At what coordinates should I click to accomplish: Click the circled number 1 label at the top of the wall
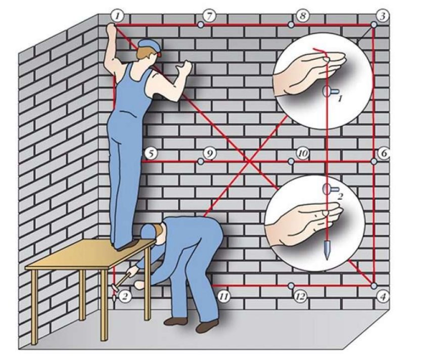tap(117, 16)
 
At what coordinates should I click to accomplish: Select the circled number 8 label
tap(302, 16)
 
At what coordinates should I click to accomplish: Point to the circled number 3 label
tap(383, 16)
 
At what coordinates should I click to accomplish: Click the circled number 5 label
tap(151, 153)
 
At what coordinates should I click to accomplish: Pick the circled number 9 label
tap(210, 153)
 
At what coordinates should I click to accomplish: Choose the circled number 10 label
tap(303, 153)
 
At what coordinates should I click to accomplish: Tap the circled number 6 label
tap(384, 153)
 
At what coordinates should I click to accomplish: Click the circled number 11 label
tap(223, 296)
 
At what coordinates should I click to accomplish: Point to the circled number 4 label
tap(383, 296)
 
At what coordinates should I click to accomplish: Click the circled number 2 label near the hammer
tap(125, 296)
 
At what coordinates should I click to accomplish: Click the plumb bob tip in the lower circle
tap(327, 259)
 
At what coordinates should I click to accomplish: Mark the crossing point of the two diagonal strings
tap(249, 161)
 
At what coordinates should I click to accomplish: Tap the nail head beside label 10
tap(291, 161)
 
